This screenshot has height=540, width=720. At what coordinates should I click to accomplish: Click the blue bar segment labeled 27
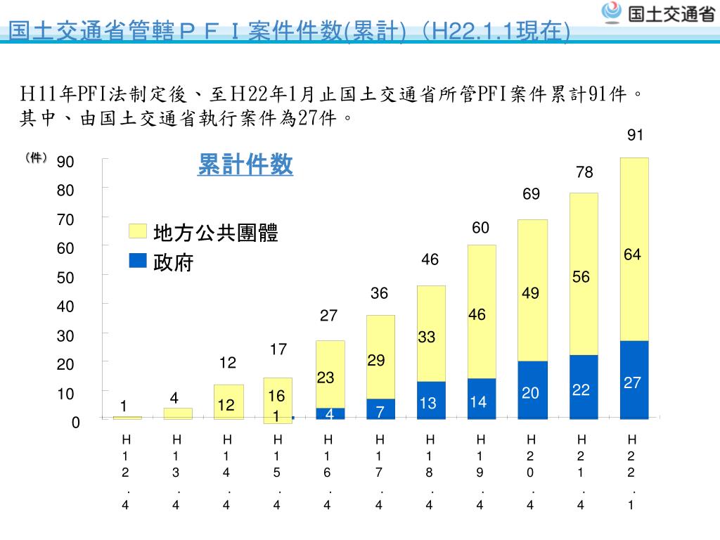(634, 380)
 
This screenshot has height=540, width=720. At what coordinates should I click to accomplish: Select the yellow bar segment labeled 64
(634, 250)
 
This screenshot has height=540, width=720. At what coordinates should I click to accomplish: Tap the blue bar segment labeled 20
(533, 390)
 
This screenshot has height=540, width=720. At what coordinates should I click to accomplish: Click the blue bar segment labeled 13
(431, 401)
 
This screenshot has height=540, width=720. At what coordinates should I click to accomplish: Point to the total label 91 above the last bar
(636, 136)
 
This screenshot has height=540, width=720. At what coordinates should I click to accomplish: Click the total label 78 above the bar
(584, 172)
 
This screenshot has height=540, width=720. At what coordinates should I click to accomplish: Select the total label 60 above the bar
(480, 228)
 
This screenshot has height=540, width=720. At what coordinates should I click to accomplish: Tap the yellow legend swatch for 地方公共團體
(138, 232)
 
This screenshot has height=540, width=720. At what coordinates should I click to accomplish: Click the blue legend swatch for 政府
(138, 261)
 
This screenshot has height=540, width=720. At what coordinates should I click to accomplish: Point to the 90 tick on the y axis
(65, 162)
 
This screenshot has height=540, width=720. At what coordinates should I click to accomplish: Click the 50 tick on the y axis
(65, 278)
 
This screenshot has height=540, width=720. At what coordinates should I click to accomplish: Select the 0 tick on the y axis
(75, 423)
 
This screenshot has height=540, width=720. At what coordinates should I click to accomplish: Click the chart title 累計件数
(245, 165)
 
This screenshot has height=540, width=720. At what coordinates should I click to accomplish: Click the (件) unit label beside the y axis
(35, 158)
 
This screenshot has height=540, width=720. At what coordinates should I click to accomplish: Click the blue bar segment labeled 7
(380, 409)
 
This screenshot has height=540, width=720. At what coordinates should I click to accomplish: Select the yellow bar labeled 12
(229, 402)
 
